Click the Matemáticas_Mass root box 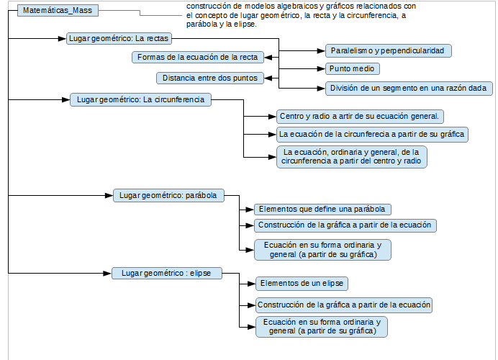[x=58, y=11]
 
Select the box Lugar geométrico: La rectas [x=119, y=38]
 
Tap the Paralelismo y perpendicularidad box [x=388, y=50]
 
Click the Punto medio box [x=352, y=68]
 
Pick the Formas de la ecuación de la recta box [x=198, y=57]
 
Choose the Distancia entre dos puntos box [x=210, y=78]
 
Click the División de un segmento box [x=409, y=89]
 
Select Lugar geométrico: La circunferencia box [x=140, y=100]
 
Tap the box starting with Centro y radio [x=360, y=117]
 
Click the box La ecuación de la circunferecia [x=372, y=135]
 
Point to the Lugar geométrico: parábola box [x=168, y=195]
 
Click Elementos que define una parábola [x=322, y=210]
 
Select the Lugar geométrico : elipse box [x=167, y=274]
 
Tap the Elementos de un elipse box [x=302, y=284]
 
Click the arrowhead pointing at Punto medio [x=321, y=68]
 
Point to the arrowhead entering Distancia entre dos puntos [x=268, y=78]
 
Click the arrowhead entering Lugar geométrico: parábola [x=109, y=195]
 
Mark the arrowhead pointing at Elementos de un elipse [x=252, y=284]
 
